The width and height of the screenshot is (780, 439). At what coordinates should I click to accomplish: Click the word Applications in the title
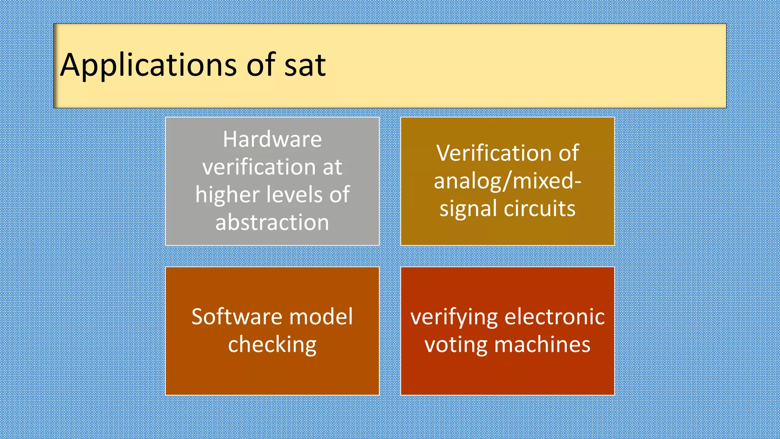pos(149,66)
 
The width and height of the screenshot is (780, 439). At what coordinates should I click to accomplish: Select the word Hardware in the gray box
pos(272,139)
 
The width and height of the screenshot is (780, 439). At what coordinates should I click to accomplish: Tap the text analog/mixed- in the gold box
pos(507,181)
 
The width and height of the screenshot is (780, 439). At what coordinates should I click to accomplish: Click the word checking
pos(272,345)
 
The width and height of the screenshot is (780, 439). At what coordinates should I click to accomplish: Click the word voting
pos(456,345)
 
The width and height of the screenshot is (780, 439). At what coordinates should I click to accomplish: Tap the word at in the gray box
pos(332,167)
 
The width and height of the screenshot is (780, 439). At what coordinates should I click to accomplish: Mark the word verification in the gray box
pos(259,167)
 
